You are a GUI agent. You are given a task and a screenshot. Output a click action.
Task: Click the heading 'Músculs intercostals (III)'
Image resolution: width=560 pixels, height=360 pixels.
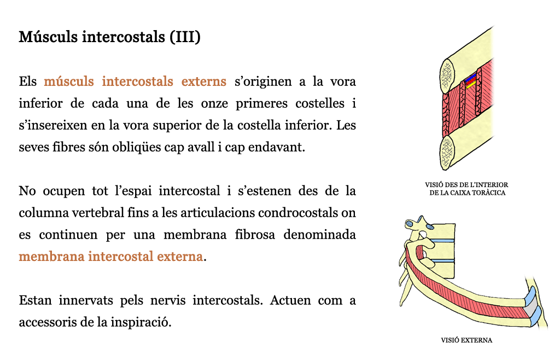[x=109, y=37]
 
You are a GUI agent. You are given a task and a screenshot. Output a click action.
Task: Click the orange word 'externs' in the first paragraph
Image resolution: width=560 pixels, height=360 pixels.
[x=203, y=82]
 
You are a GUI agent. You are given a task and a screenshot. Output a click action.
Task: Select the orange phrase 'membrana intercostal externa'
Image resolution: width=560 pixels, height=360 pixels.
[x=110, y=257]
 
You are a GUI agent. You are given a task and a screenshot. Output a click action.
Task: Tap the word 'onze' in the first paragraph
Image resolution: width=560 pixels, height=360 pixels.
[x=214, y=103]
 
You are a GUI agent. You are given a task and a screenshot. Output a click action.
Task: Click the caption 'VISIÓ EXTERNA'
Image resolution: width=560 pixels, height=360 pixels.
[x=466, y=340]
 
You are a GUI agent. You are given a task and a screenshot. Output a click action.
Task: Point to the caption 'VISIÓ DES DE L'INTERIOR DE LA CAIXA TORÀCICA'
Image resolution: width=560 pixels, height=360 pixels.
[x=467, y=189]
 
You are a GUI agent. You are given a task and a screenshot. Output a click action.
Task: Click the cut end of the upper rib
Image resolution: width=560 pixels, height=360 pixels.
[x=447, y=76]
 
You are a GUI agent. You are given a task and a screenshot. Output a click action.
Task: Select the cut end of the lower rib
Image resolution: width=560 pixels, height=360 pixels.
[x=446, y=154]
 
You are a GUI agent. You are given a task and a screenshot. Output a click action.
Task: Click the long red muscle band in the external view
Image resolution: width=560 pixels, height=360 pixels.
[x=464, y=291]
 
